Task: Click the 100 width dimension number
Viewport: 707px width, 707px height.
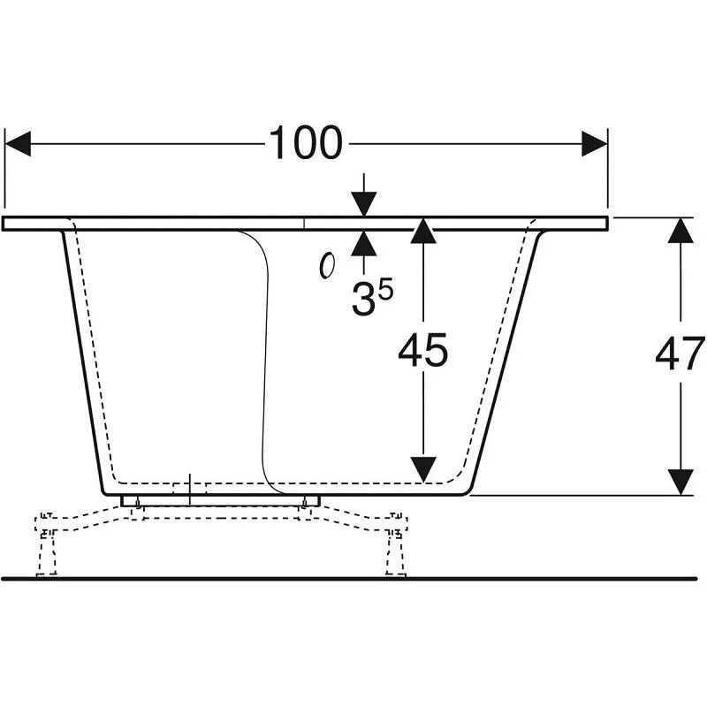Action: point(306,142)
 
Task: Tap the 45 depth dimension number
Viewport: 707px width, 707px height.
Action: point(423,350)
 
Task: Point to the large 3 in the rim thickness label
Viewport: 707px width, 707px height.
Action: point(362,300)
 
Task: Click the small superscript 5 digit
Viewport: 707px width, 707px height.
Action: point(385,289)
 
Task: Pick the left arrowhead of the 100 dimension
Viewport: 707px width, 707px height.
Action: point(18,144)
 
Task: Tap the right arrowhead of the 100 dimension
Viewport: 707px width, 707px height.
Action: point(595,144)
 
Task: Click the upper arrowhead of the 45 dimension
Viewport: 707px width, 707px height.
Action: point(423,231)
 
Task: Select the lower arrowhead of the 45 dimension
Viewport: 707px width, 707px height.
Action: point(423,470)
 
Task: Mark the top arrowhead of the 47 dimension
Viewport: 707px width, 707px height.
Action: point(680,231)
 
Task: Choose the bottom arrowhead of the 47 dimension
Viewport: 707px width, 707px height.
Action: point(680,482)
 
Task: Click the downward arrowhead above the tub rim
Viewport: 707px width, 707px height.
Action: point(364,204)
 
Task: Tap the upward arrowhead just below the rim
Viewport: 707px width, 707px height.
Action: point(364,244)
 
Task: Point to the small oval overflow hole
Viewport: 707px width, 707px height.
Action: point(327,266)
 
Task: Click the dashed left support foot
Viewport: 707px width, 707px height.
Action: point(47,544)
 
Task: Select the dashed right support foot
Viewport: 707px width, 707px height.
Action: point(395,544)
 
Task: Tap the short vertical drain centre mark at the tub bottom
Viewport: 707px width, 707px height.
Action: point(190,490)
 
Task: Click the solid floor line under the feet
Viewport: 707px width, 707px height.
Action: point(349,579)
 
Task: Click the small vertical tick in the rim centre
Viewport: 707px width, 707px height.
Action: point(304,224)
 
